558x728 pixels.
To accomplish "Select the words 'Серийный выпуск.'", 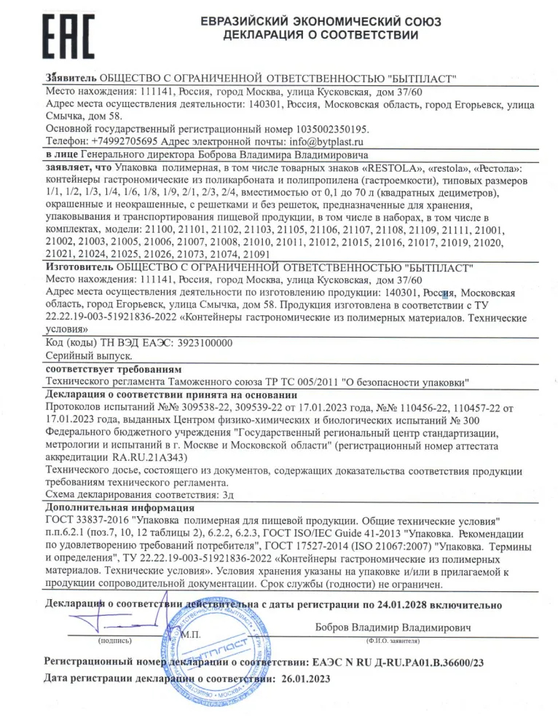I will pyautogui.click(x=87, y=356).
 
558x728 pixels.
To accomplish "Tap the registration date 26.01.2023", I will pyautogui.click(x=302, y=678).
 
